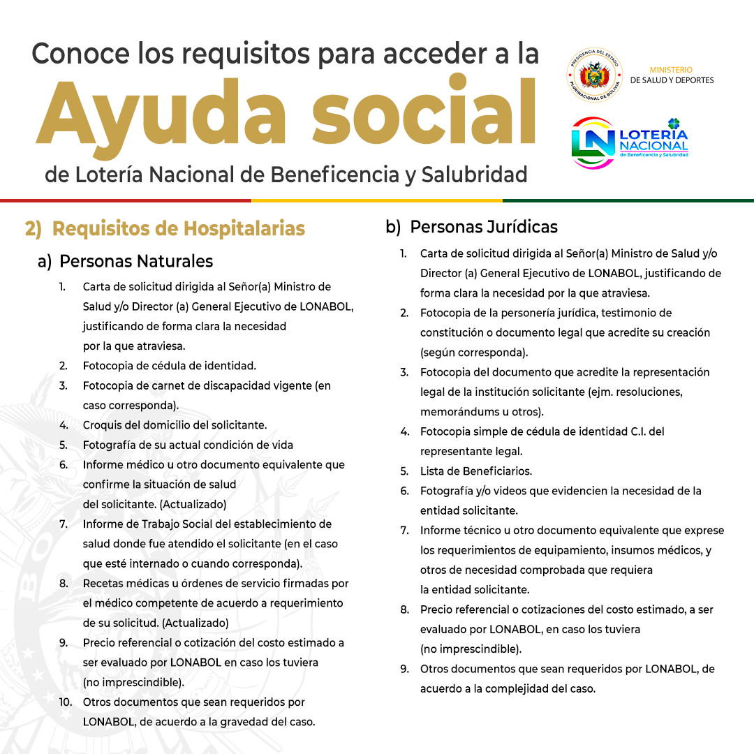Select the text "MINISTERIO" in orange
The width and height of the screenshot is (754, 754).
pos(671,70)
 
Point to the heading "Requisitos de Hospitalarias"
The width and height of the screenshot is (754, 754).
pos(178,228)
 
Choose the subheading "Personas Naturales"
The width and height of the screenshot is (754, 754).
pos(136,261)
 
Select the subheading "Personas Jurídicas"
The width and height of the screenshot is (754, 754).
pos(484,227)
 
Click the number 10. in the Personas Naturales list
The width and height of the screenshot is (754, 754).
pos(66,702)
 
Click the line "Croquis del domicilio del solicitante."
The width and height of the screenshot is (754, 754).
pos(175,424)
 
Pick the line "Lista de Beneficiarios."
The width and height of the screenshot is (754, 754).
pos(476,471)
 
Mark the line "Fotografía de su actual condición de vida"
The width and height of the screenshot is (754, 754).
pos(188,445)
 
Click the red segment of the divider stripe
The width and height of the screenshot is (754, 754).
pos(126,200)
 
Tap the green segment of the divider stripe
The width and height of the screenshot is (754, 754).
pos(628,200)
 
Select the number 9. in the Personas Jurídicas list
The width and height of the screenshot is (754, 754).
pos(404,669)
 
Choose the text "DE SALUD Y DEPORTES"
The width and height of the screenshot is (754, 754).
pos(672,80)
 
